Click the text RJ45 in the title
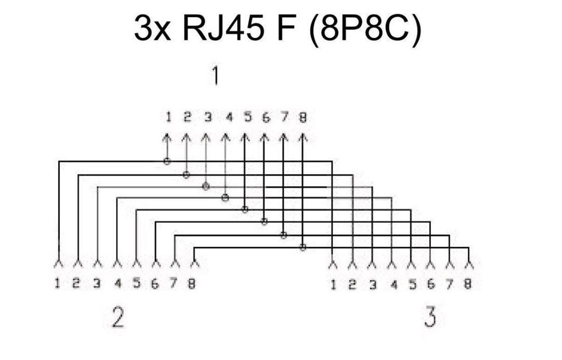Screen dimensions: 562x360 point(224,28)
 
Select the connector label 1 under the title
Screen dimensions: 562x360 point(215,76)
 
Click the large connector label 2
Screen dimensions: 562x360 point(118,317)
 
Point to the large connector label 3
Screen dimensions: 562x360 point(430,317)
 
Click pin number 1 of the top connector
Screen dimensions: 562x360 point(168,117)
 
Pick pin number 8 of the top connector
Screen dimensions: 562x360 point(303,117)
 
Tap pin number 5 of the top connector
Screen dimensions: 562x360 point(248,117)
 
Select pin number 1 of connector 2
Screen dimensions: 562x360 point(57,283)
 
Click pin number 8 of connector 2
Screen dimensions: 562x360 point(192,284)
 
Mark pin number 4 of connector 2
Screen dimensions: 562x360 point(118,284)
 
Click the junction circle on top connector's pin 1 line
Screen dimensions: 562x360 point(167,161)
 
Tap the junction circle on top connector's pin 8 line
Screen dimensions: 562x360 point(303,247)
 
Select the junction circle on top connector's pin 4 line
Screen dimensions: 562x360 point(225,198)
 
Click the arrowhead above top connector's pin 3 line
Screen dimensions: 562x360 point(205,138)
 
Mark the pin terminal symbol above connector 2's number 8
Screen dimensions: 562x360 point(194,265)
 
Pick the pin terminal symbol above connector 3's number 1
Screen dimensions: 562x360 point(333,265)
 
